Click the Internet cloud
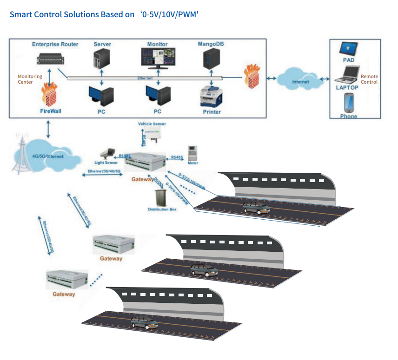[x=299, y=80]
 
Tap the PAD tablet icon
[x=348, y=49]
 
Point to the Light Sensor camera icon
[x=108, y=153]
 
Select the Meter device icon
[x=192, y=153]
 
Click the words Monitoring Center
[x=30, y=79]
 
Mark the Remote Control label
[x=369, y=79]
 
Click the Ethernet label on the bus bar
[x=145, y=79]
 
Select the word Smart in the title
[x=20, y=14]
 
